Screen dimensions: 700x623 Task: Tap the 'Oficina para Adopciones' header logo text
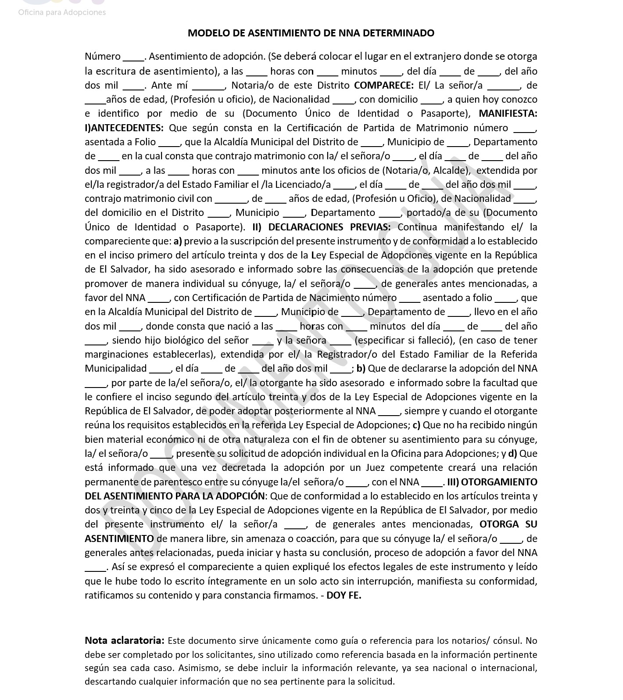click(x=62, y=12)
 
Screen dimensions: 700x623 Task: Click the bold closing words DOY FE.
click(x=344, y=595)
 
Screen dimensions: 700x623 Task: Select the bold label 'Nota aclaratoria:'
click(x=125, y=640)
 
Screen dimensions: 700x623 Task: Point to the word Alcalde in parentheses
click(x=453, y=170)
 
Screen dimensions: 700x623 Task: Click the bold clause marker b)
click(x=361, y=368)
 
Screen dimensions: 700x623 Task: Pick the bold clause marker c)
click(x=416, y=425)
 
